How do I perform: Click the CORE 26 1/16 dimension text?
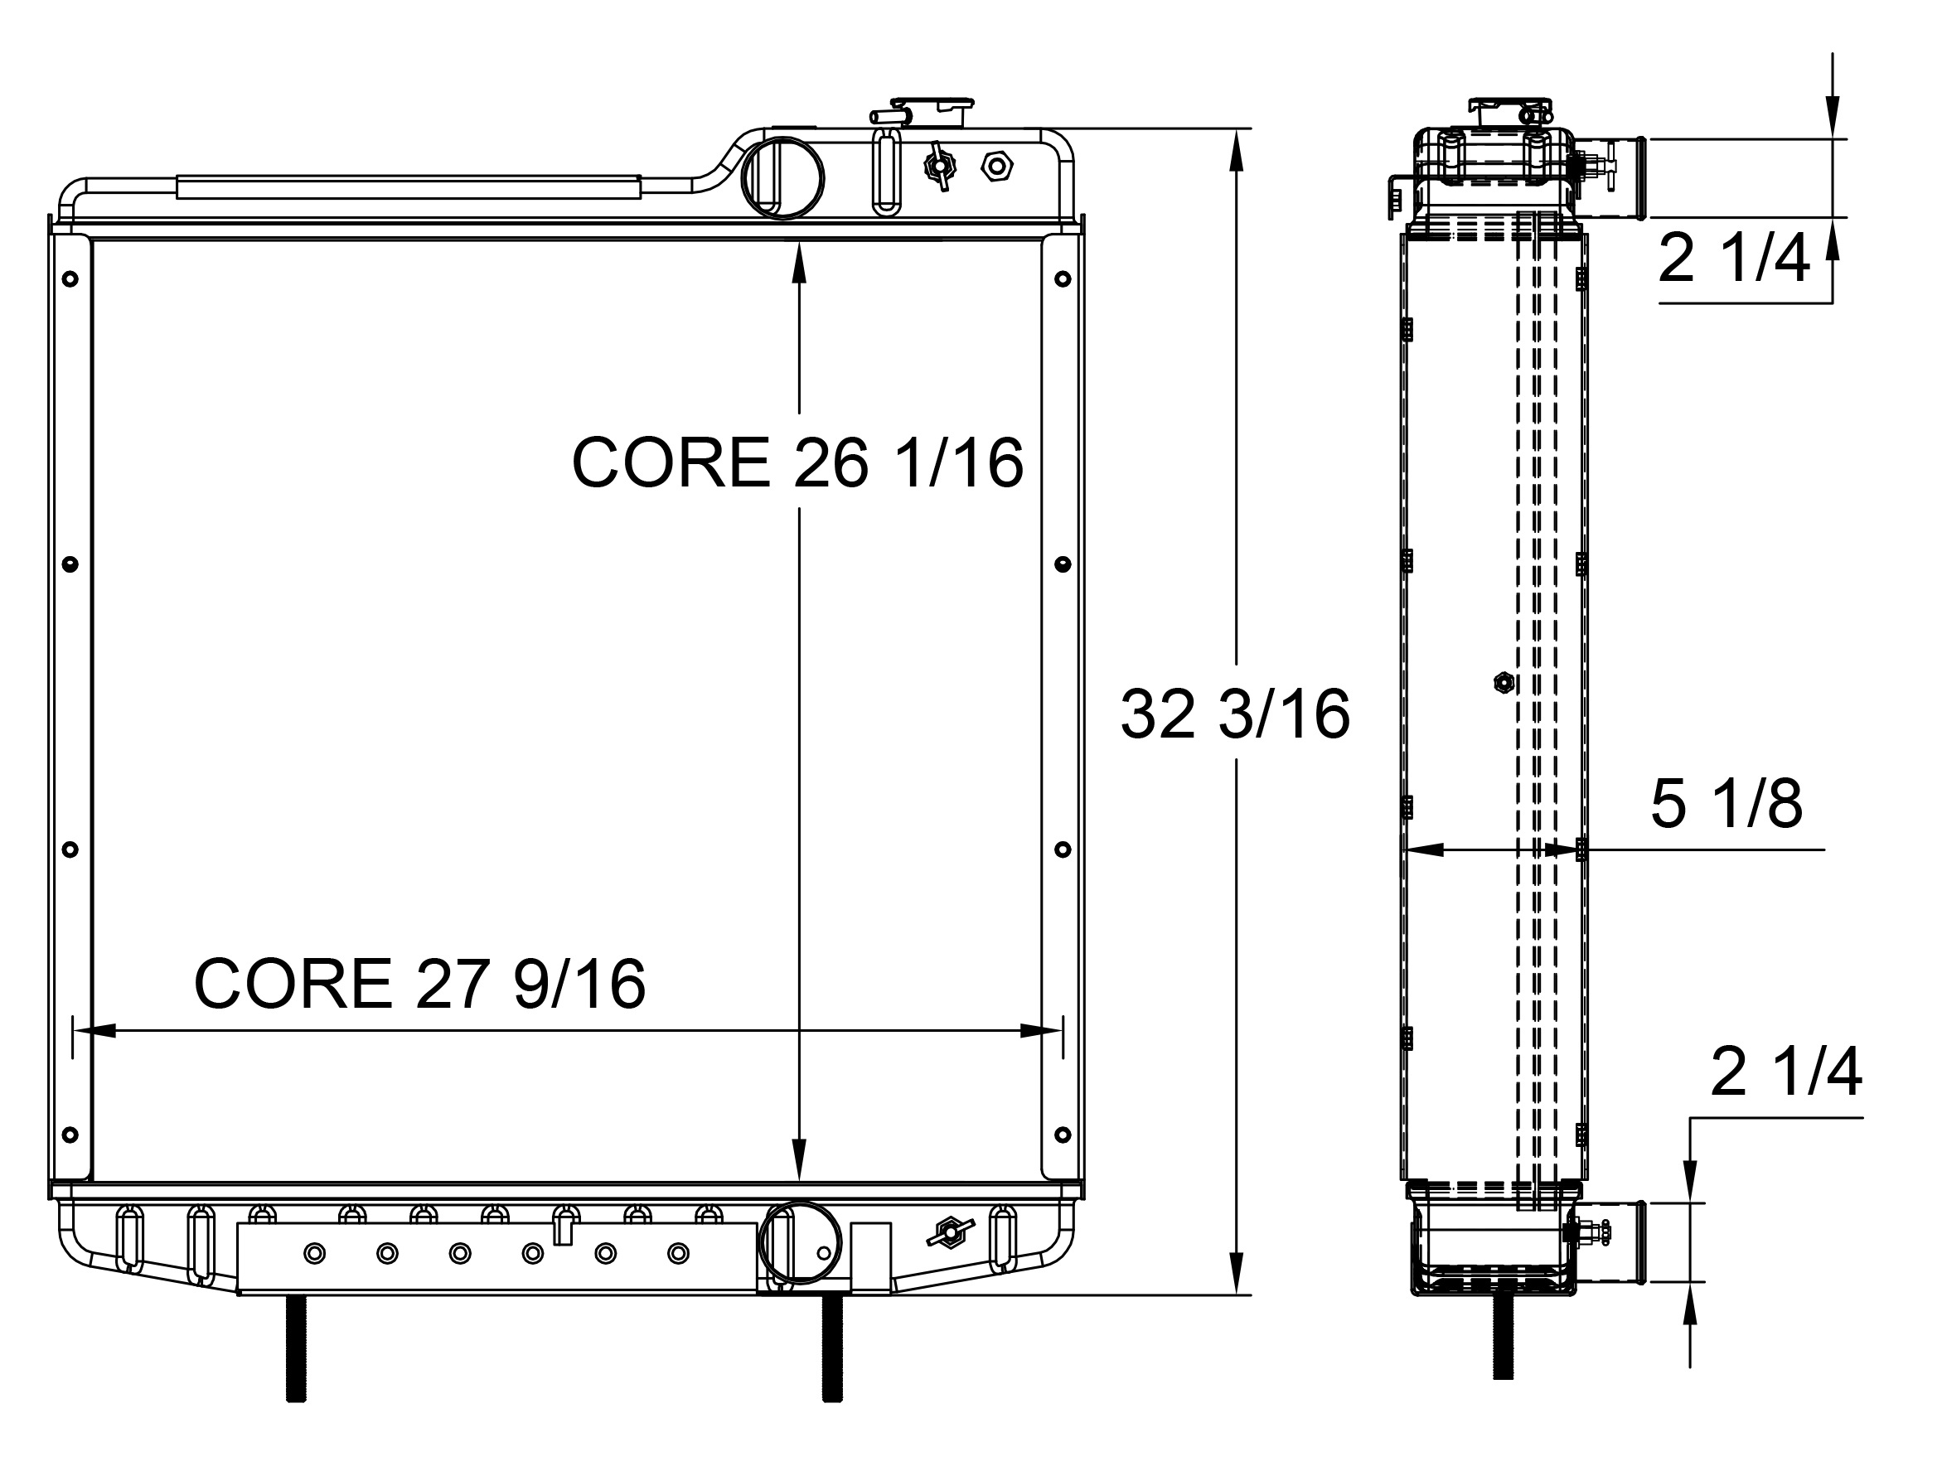[x=797, y=463]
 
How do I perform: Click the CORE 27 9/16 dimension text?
[x=419, y=984]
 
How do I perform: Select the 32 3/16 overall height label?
[x=1235, y=714]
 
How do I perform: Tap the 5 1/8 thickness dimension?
[x=1726, y=804]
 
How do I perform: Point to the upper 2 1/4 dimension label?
[x=1733, y=260]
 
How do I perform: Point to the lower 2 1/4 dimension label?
[x=1785, y=1072]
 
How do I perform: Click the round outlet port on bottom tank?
[x=800, y=1243]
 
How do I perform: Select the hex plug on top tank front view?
[x=996, y=166]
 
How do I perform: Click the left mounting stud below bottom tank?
[x=296, y=1348]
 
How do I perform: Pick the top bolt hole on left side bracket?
[x=71, y=279]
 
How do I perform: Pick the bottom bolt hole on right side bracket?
[x=1063, y=1135]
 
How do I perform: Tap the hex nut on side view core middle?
[x=1504, y=683]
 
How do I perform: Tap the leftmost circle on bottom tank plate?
[x=315, y=1254]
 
